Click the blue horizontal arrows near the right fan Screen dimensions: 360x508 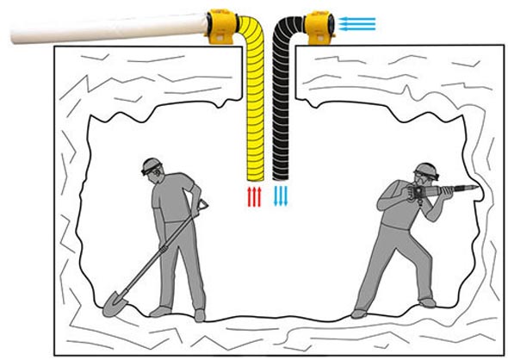[356, 22]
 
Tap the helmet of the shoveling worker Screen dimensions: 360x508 [152, 164]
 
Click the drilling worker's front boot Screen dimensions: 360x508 [428, 302]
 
